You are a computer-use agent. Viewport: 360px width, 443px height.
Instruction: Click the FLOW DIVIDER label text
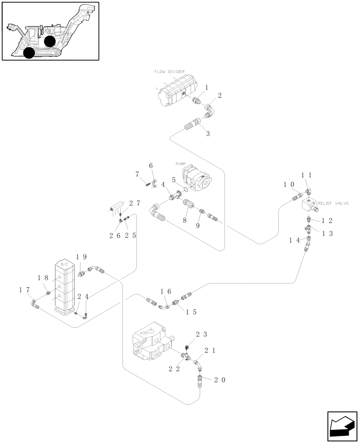click(x=169, y=71)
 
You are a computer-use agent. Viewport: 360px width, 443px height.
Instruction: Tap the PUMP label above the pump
click(x=181, y=163)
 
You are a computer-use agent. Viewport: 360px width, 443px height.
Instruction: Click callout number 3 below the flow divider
click(x=207, y=133)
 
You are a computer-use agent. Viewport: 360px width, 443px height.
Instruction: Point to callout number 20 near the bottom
click(x=220, y=380)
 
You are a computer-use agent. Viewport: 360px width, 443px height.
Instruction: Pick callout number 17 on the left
click(x=25, y=290)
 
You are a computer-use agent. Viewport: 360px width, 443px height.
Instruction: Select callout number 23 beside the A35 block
click(x=201, y=334)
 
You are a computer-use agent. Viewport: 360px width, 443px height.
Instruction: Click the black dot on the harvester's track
click(x=29, y=53)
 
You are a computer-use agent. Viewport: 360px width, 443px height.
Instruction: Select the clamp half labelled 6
click(x=153, y=183)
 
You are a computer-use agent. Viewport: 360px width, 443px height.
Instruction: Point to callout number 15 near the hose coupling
click(x=191, y=312)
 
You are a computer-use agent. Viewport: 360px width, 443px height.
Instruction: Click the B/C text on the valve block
click(x=64, y=264)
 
